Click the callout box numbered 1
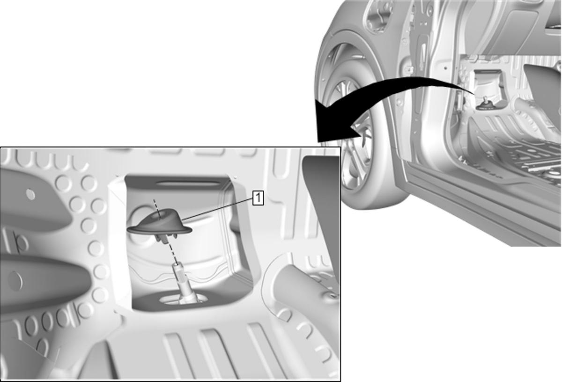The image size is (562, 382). point(258,198)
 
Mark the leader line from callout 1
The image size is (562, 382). point(217,209)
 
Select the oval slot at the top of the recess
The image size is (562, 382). point(188,184)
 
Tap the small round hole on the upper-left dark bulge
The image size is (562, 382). point(30,194)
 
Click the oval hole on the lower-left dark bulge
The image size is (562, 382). point(15,281)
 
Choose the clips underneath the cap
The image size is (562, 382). point(167,238)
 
